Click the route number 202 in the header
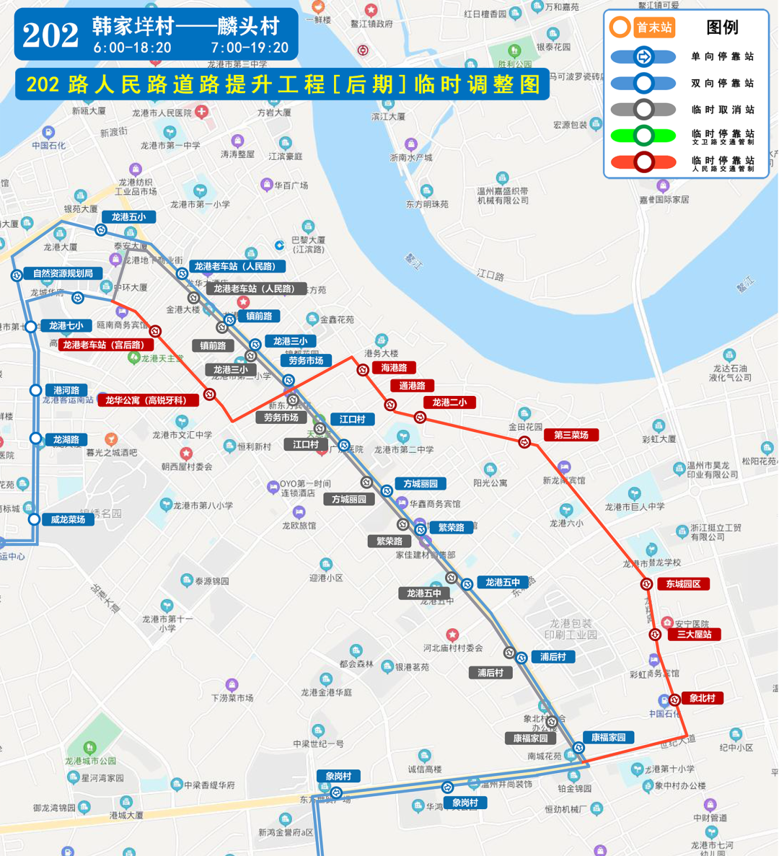[x=50, y=35]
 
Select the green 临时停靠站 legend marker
[x=643, y=135]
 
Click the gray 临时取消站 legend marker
[x=643, y=110]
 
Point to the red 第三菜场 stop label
[x=571, y=435]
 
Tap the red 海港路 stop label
[x=394, y=368]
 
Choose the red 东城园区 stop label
[x=682, y=584]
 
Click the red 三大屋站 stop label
[x=694, y=635]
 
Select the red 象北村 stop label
[x=702, y=698]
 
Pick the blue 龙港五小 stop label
[x=128, y=217]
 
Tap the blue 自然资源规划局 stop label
[x=63, y=273]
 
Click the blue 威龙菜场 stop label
[x=68, y=519]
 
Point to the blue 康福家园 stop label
[x=608, y=737]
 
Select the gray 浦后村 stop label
[x=490, y=673]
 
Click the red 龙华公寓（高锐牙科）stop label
[x=146, y=400]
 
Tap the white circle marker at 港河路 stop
[x=35, y=390]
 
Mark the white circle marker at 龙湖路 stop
[x=35, y=438]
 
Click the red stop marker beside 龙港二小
[x=420, y=417]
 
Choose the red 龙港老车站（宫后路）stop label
[x=103, y=345]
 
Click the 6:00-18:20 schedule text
[x=132, y=48]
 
